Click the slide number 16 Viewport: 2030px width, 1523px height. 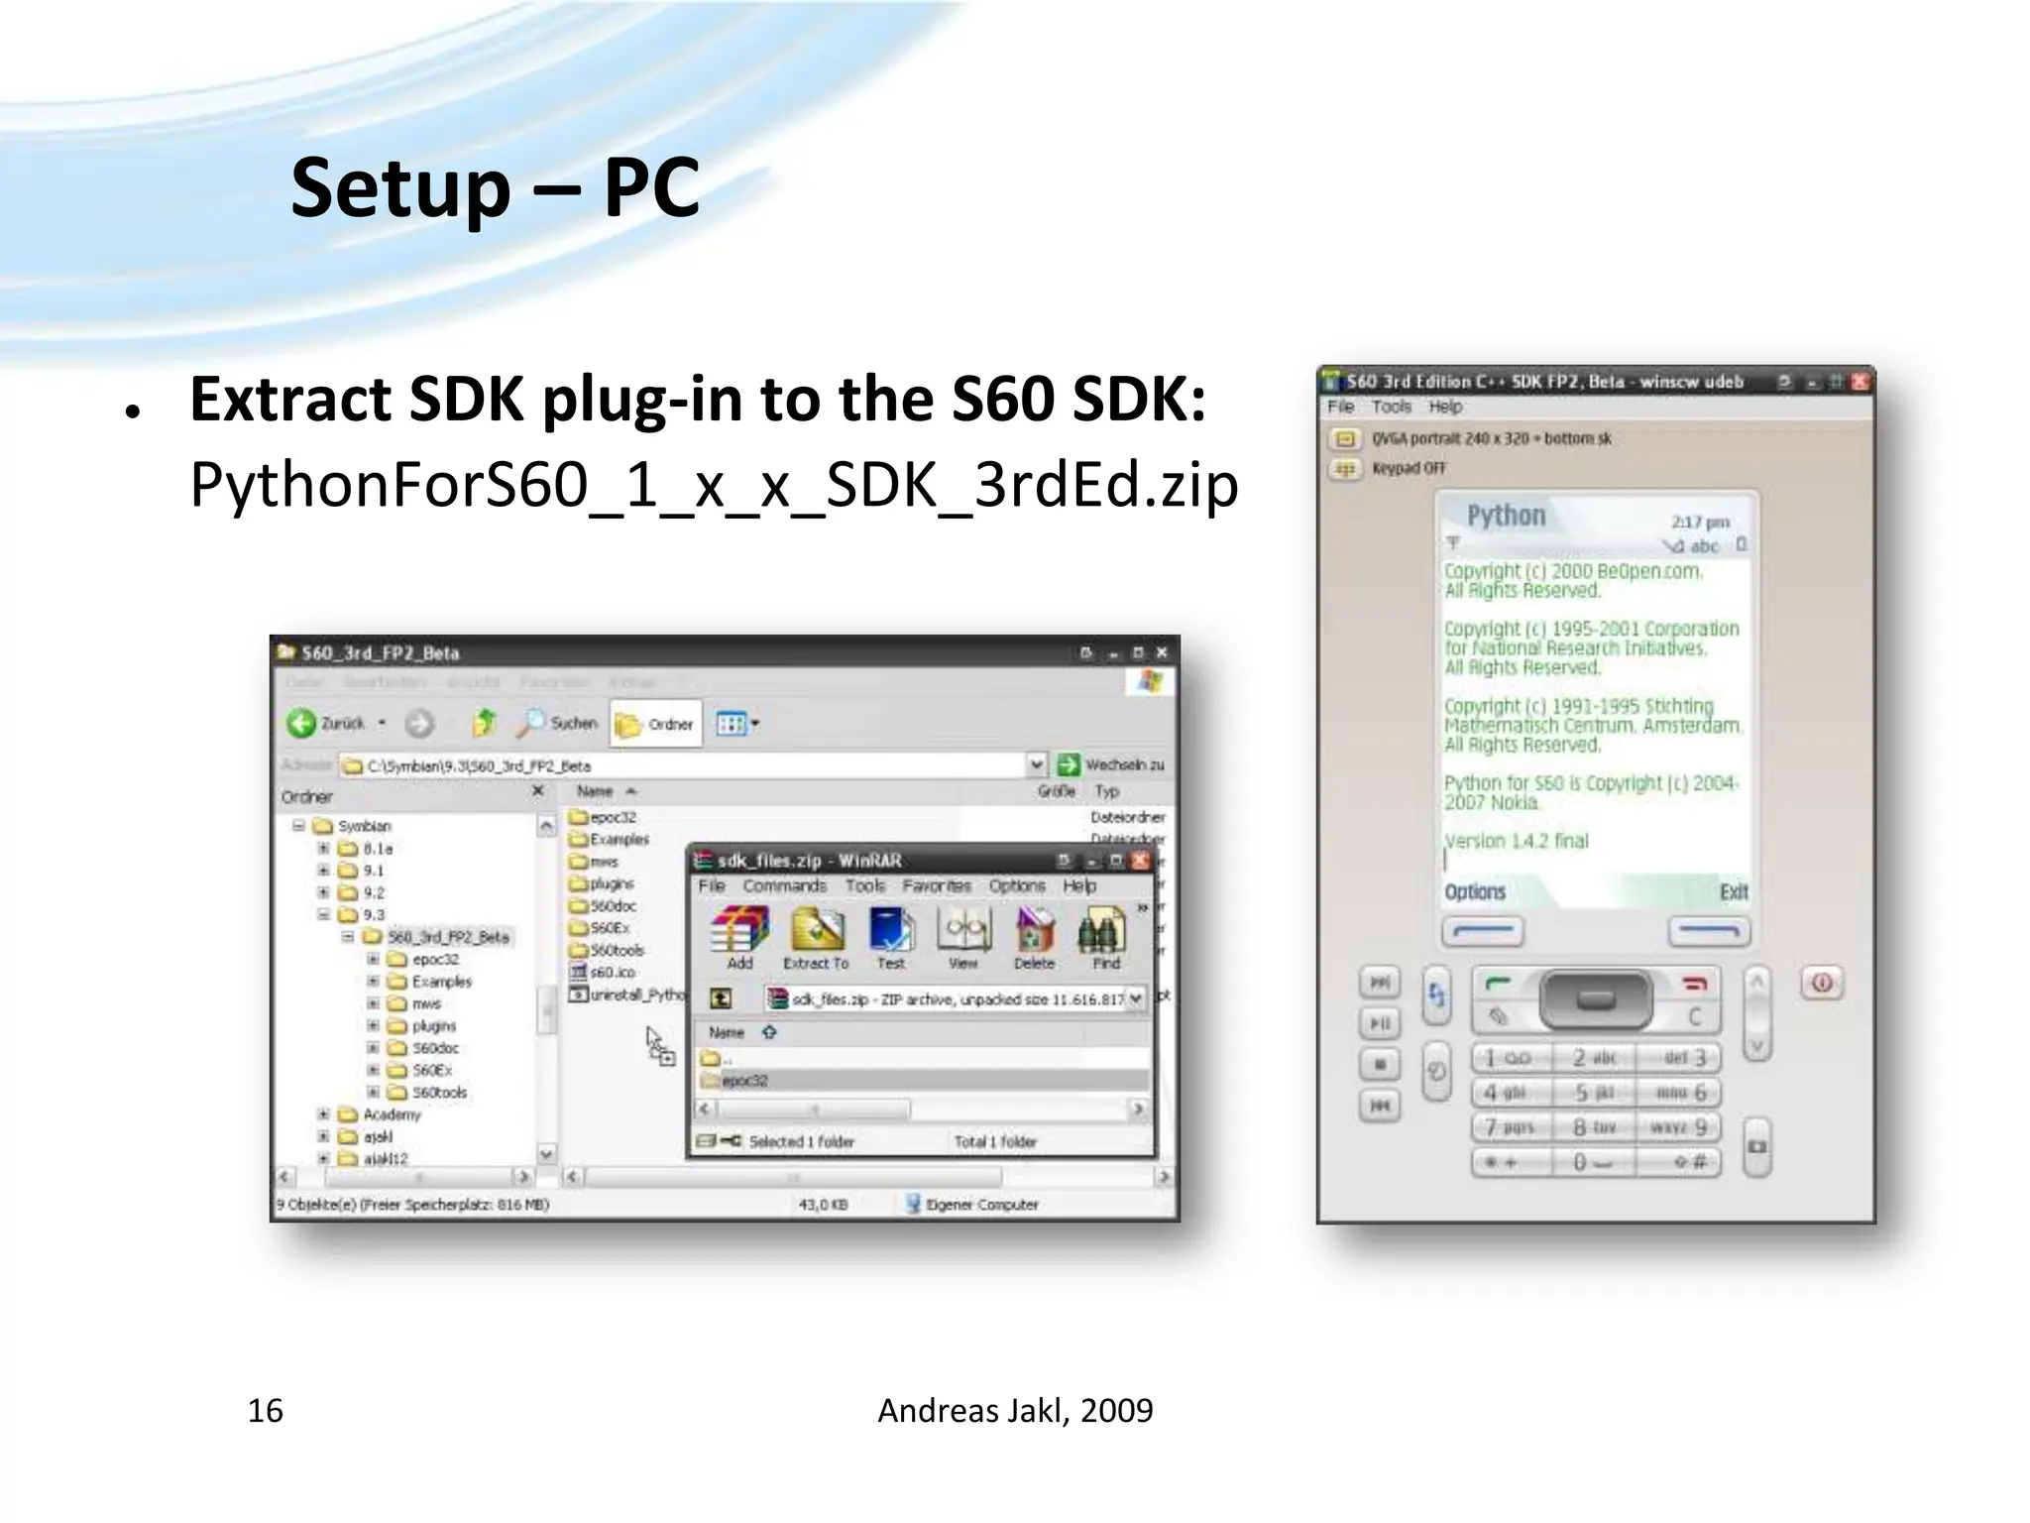[x=265, y=1410]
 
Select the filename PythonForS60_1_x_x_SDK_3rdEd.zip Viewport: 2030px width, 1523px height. [x=714, y=485]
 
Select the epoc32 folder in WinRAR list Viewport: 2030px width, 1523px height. [x=744, y=1081]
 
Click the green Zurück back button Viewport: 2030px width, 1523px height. [x=301, y=723]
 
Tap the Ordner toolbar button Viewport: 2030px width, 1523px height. [x=655, y=724]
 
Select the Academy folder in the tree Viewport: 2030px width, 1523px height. [x=392, y=1114]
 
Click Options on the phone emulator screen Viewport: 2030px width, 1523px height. [x=1475, y=891]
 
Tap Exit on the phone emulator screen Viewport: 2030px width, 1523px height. [x=1733, y=891]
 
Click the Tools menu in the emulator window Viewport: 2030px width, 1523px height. [x=1391, y=407]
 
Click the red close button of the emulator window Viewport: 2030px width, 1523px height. [x=1860, y=382]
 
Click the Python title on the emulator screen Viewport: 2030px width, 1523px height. [x=1506, y=516]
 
